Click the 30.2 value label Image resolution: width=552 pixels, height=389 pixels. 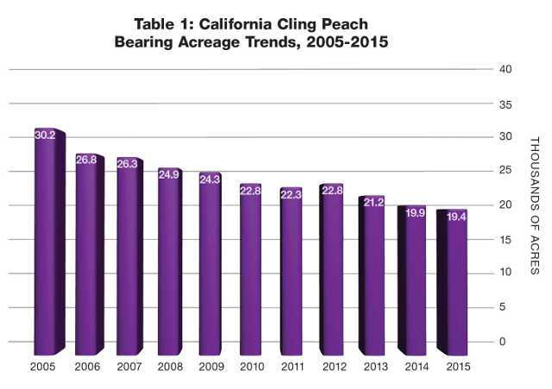point(46,135)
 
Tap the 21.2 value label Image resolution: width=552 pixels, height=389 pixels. point(373,203)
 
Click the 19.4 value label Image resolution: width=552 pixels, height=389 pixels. point(455,216)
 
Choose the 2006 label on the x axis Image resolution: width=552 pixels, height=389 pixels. point(87,367)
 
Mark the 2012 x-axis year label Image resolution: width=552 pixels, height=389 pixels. point(332,367)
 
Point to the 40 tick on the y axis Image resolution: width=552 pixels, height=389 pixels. point(507,70)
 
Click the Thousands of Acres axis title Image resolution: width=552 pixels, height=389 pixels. point(533,205)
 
